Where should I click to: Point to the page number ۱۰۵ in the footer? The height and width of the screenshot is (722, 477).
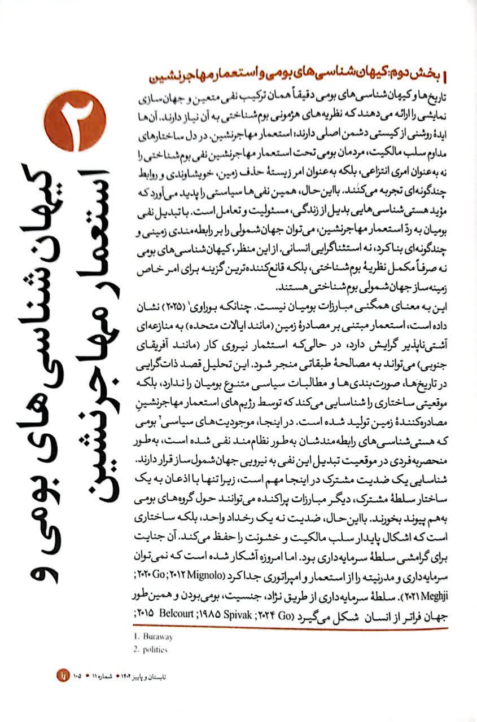[x=77, y=674]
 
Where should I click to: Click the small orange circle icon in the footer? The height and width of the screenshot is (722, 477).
[x=61, y=674]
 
